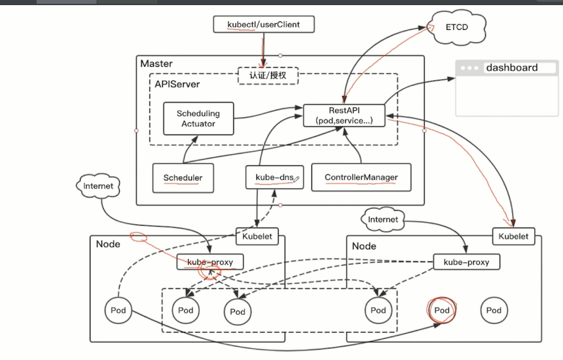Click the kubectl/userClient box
click(x=264, y=25)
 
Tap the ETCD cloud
click(x=456, y=26)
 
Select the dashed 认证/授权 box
click(x=268, y=75)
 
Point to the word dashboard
click(x=512, y=68)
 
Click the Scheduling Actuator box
click(x=198, y=119)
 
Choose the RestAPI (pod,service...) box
click(x=344, y=115)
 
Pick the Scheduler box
click(x=183, y=178)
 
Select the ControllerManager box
click(x=361, y=178)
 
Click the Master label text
click(x=156, y=63)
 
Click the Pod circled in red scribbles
click(x=442, y=310)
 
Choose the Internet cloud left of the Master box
click(x=98, y=186)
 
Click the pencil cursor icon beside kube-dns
click(x=297, y=179)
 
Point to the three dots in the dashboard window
click(x=469, y=68)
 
